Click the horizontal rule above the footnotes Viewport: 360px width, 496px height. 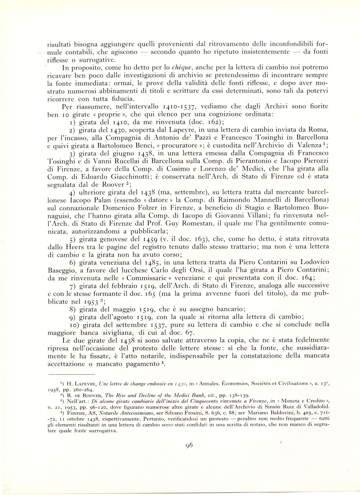[x=71, y=374]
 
